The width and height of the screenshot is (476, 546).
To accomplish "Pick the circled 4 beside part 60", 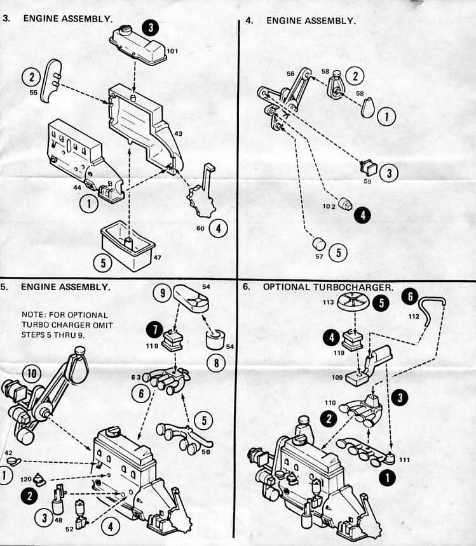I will (x=218, y=228).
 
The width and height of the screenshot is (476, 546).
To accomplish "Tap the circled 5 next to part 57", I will (x=338, y=252).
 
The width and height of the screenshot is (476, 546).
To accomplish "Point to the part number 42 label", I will (x=9, y=453).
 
